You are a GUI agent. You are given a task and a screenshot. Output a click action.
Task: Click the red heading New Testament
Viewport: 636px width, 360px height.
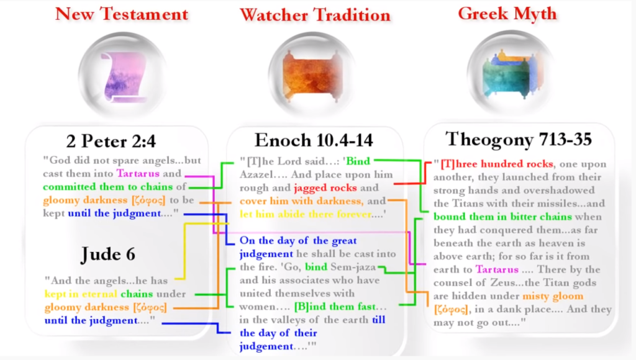tap(121, 13)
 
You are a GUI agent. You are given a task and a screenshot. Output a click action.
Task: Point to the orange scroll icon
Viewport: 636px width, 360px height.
tap(314, 78)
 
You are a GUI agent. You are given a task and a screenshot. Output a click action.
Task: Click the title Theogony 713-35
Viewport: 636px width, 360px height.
tap(517, 138)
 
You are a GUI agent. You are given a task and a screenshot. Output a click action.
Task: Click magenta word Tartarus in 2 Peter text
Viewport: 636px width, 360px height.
tap(139, 173)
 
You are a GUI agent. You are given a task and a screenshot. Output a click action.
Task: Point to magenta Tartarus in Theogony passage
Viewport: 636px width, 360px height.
tap(498, 269)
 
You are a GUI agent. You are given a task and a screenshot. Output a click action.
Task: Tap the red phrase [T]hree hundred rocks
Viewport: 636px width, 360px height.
tap(496, 164)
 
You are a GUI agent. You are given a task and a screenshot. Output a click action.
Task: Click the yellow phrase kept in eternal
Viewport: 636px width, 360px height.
tap(81, 294)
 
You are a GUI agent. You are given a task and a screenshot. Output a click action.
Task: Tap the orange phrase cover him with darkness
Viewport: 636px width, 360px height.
tap(301, 201)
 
